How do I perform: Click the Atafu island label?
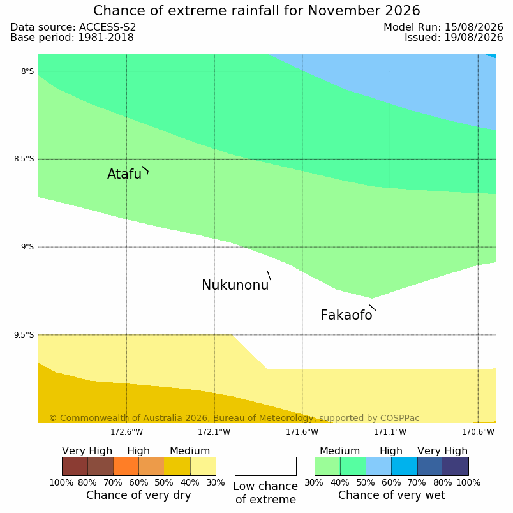pyautogui.click(x=124, y=174)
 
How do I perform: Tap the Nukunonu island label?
pyautogui.click(x=235, y=285)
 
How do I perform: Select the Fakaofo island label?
pyautogui.click(x=346, y=315)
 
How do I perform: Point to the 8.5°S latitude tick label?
pyautogui.click(x=24, y=159)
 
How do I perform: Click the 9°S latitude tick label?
pyautogui.click(x=27, y=247)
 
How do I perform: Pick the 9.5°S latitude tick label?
pyautogui.click(x=24, y=335)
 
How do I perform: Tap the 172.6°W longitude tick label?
pyautogui.click(x=126, y=432)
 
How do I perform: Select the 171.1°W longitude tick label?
pyautogui.click(x=390, y=432)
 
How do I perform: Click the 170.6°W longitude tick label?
pyautogui.click(x=478, y=432)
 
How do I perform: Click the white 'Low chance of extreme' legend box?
pyautogui.click(x=265, y=466)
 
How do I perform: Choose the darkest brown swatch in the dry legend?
pyautogui.click(x=75, y=466)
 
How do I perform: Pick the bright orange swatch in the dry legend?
pyautogui.click(x=126, y=466)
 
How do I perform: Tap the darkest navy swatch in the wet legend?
pyautogui.click(x=456, y=466)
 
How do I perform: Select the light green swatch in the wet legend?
pyautogui.click(x=327, y=466)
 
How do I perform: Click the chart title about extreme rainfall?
pyautogui.click(x=256, y=11)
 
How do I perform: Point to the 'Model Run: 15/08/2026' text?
pyautogui.click(x=443, y=27)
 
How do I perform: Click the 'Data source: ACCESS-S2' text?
pyautogui.click(x=73, y=27)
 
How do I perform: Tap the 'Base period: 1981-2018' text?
pyautogui.click(x=72, y=37)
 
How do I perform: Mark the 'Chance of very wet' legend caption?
pyautogui.click(x=392, y=495)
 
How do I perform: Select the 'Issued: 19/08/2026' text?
pyautogui.click(x=454, y=37)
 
